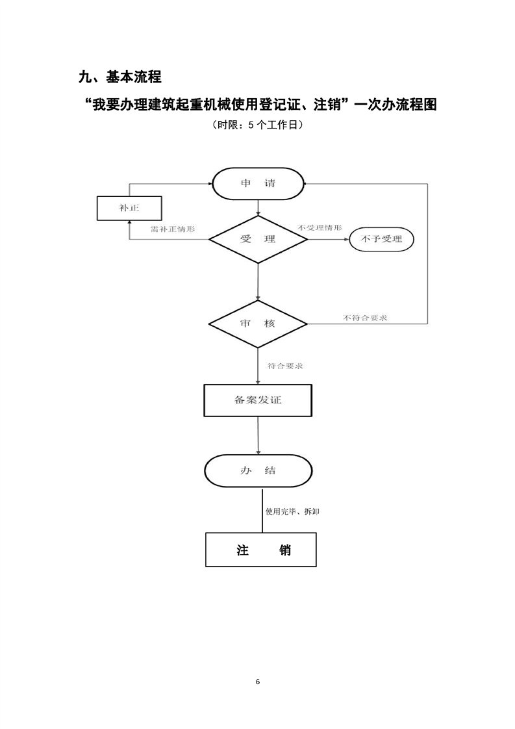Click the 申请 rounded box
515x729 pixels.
[258, 183]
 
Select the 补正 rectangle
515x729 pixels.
[129, 208]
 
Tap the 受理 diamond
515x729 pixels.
[258, 239]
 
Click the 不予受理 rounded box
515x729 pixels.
[382, 239]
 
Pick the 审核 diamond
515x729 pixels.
[258, 324]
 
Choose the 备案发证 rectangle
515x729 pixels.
[258, 400]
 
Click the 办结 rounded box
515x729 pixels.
[258, 470]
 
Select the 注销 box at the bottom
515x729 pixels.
[261, 550]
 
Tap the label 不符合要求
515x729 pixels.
[366, 318]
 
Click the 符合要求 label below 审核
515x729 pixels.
[285, 366]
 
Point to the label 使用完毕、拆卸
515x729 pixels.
[292, 511]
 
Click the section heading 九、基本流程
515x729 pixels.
[119, 77]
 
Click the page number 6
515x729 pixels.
[258, 682]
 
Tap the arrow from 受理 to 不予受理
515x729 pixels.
[327, 239]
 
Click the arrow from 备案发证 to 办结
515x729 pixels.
[258, 435]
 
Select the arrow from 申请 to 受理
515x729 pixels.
[258, 208]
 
